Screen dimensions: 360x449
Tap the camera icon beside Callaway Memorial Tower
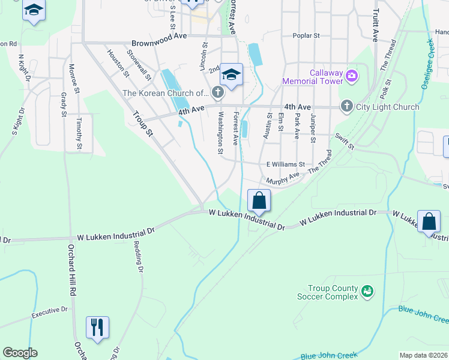[352, 77]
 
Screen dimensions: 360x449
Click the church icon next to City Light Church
[346, 107]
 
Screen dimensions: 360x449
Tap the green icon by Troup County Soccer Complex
[368, 292]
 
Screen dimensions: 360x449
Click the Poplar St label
[306, 36]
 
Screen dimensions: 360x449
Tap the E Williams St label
[286, 164]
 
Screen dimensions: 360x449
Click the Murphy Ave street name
[282, 177]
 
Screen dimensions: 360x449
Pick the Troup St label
[143, 124]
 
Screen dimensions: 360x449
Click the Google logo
[20, 353]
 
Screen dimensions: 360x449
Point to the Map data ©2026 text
[423, 355]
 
